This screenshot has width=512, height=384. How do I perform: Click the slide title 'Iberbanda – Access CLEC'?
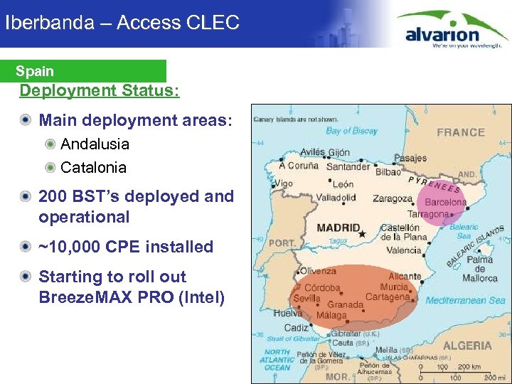(122, 22)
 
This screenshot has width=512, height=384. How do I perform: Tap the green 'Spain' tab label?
(35, 71)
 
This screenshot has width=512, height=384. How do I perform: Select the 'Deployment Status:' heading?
(100, 91)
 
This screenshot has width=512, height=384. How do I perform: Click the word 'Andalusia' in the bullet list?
(95, 144)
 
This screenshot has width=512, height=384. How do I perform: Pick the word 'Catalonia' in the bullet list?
(93, 168)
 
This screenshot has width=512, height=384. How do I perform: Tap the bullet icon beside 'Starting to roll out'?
(26, 277)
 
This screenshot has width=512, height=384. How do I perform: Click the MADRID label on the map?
(338, 228)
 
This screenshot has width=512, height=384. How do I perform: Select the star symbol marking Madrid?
(363, 233)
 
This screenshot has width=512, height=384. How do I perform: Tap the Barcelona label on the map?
(445, 202)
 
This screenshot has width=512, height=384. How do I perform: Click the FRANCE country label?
(460, 132)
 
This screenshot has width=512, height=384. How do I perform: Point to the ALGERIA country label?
(466, 346)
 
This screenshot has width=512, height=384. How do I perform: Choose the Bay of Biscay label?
(351, 131)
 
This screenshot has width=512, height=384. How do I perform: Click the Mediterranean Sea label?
(465, 301)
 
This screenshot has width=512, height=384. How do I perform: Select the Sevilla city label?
(306, 299)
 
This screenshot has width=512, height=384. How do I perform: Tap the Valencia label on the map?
(403, 250)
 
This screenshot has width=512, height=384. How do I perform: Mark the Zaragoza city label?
(392, 198)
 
